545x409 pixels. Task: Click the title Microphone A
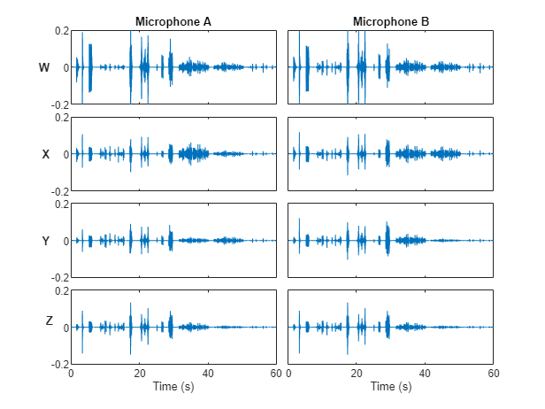pyautogui.click(x=173, y=21)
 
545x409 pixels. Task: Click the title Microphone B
pyautogui.click(x=391, y=21)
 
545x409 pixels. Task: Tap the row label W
pyautogui.click(x=45, y=67)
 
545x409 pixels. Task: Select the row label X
pyautogui.click(x=46, y=154)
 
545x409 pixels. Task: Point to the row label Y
pyautogui.click(x=46, y=241)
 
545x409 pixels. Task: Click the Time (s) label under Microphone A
pyautogui.click(x=173, y=387)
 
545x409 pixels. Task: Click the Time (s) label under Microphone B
pyautogui.click(x=391, y=387)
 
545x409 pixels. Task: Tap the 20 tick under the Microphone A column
pyautogui.click(x=139, y=374)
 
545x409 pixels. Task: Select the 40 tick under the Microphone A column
pyautogui.click(x=208, y=374)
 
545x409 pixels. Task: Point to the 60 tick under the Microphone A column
pyautogui.click(x=276, y=374)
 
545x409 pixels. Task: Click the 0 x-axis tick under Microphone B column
pyautogui.click(x=289, y=374)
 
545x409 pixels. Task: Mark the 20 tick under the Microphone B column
pyautogui.click(x=357, y=374)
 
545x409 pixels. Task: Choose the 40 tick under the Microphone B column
pyautogui.click(x=426, y=374)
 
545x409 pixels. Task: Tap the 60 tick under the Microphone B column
pyautogui.click(x=494, y=374)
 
